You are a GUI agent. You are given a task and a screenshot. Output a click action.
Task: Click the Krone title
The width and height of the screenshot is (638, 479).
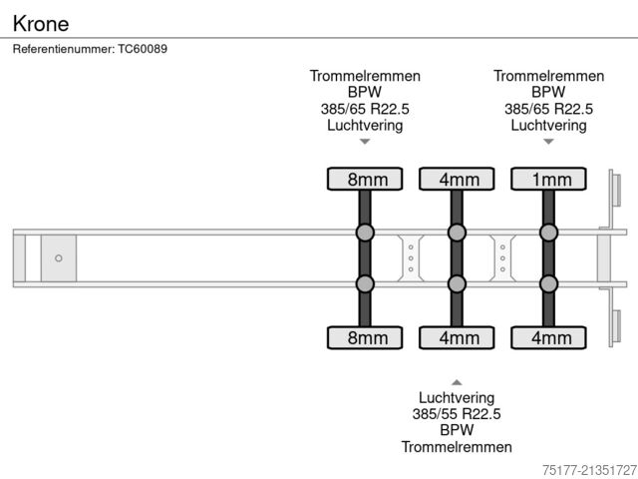click(x=41, y=21)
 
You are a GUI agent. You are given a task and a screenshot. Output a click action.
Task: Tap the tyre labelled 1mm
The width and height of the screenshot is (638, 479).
click(x=549, y=179)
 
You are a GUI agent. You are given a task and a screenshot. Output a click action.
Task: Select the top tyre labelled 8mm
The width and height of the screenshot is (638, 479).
click(x=366, y=179)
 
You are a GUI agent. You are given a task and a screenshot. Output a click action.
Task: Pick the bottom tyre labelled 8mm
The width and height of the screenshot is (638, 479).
click(x=366, y=337)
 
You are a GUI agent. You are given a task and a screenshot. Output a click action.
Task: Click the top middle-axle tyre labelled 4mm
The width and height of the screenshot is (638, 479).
click(x=458, y=179)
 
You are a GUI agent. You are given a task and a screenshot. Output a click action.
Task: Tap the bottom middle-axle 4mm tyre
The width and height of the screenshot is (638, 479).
click(x=458, y=337)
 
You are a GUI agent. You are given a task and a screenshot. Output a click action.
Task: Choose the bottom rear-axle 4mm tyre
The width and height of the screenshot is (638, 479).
click(x=549, y=337)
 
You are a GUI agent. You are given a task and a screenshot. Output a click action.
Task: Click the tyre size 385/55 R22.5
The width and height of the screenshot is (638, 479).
click(x=457, y=414)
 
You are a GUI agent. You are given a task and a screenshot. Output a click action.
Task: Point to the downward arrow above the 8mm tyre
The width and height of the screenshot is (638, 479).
click(x=365, y=142)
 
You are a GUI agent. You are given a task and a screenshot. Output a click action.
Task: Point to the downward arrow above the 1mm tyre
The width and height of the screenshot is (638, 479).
click(x=548, y=142)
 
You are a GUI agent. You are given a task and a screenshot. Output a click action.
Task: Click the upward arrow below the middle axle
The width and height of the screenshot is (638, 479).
click(x=457, y=382)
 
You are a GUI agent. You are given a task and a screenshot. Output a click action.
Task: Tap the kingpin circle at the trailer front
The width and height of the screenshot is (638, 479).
click(x=59, y=258)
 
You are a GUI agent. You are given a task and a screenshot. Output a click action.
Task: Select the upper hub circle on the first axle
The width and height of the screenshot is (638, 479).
click(x=366, y=234)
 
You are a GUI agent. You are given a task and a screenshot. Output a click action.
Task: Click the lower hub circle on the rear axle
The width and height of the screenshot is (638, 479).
click(x=549, y=283)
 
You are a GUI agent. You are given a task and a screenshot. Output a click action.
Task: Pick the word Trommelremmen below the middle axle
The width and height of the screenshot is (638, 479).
click(x=457, y=446)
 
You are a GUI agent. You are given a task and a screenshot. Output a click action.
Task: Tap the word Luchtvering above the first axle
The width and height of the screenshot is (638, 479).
click(x=365, y=125)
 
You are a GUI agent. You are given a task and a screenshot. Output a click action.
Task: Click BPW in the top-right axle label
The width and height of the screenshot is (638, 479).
click(x=548, y=93)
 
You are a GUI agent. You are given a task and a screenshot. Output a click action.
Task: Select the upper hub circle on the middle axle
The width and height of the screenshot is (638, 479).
click(x=458, y=234)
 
